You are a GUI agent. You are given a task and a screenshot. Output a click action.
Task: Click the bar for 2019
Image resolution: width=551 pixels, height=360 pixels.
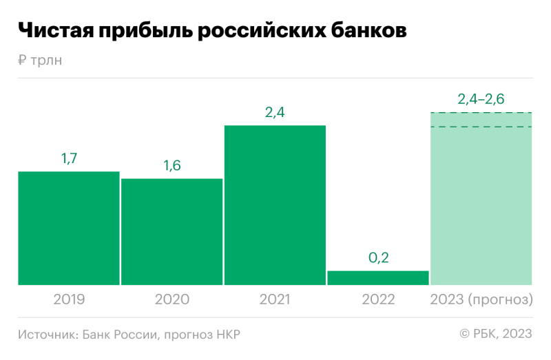[69, 228]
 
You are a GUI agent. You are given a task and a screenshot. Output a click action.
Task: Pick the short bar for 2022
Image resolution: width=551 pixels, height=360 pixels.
[378, 277]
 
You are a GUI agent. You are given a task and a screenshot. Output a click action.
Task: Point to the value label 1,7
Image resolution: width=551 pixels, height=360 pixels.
[69, 159]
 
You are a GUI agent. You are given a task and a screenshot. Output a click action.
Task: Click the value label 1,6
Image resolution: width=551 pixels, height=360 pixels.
[171, 166]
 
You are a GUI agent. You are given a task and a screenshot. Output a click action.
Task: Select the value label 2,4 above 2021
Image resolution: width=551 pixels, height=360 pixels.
[275, 113]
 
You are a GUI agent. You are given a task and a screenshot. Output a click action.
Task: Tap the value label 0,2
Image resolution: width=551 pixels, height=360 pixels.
[378, 258]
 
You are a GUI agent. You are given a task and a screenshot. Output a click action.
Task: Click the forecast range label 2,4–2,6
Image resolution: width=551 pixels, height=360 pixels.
[481, 99]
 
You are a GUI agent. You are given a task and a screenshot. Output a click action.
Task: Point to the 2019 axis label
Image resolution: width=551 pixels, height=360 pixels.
[69, 300]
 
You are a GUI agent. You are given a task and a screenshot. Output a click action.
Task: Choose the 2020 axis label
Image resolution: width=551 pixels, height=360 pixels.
[171, 300]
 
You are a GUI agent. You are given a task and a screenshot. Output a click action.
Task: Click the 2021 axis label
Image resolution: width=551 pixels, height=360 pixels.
[275, 300]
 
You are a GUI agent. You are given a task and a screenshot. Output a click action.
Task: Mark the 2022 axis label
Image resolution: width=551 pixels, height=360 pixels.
[378, 300]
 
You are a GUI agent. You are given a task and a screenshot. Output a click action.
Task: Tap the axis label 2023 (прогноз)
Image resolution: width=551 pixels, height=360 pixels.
[481, 300]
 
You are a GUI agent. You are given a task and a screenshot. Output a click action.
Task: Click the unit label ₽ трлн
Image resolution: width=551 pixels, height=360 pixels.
[40, 61]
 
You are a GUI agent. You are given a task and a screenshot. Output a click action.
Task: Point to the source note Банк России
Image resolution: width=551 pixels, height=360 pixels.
[118, 335]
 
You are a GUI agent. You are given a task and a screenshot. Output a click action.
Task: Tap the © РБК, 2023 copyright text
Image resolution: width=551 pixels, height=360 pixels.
[496, 335]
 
